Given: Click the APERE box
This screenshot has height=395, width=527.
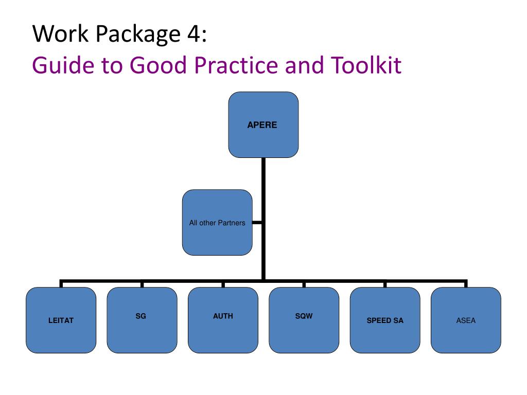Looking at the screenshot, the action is coord(263,124).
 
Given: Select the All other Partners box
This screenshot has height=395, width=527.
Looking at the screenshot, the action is coord(217,222).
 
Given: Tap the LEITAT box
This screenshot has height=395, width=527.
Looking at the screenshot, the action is coord(61,320).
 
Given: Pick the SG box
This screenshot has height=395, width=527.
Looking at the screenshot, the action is coord(142,320).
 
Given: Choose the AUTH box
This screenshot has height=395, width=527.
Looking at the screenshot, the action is coord(223,320).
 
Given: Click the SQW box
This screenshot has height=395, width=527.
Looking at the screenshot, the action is coord(304,320).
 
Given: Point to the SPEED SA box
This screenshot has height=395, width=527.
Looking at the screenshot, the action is coord(385,320).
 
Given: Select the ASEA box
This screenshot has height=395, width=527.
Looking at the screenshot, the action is coord(466,320).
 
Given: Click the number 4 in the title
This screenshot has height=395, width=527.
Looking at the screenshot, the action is coord(194,34).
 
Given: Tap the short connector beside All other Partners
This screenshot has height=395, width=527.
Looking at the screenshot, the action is coord(257,222).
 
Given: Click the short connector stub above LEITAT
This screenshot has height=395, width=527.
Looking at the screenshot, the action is coord(61,283).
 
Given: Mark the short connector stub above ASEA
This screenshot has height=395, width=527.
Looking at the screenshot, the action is coord(466,283).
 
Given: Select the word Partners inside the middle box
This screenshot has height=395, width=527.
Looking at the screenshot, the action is coord(232,223).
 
